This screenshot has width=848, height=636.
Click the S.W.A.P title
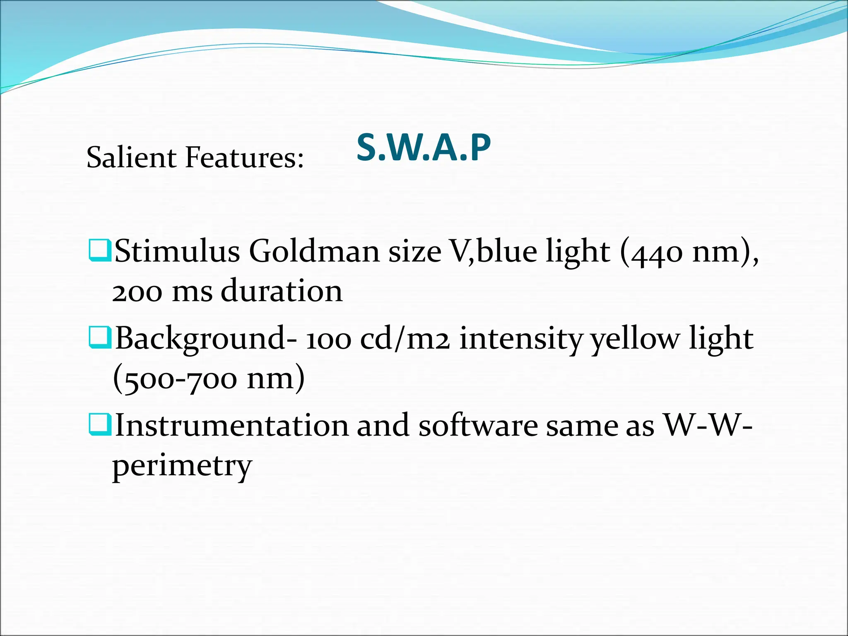click(x=424, y=147)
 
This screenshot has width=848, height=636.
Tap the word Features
click(x=244, y=157)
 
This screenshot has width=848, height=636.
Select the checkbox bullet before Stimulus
click(x=99, y=250)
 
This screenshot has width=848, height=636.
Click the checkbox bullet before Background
click(x=99, y=337)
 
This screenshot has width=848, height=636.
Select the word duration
click(x=282, y=291)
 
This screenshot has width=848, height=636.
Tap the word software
click(x=478, y=425)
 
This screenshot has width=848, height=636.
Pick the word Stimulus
click(x=177, y=251)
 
